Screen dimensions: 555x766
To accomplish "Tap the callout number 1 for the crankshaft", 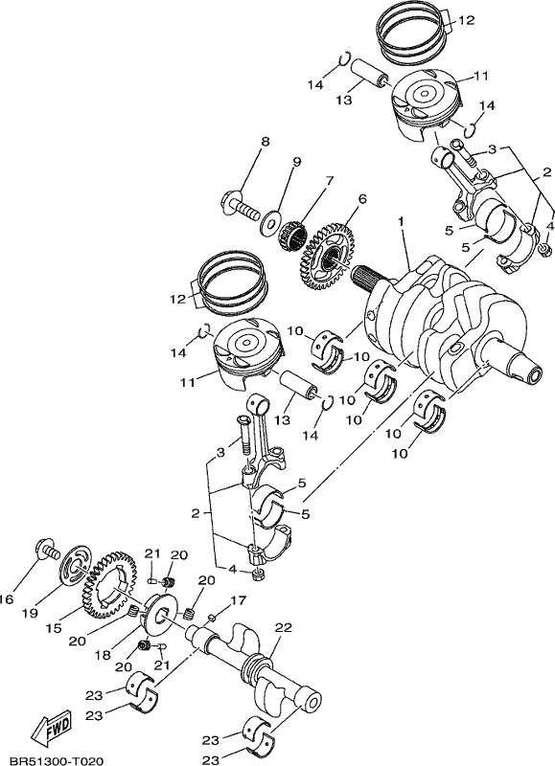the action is click(401, 222).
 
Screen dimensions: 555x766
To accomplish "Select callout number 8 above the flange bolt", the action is click(265, 142).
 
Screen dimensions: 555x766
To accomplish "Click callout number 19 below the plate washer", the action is click(30, 613).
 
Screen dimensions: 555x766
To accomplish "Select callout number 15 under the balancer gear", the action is click(55, 628).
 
